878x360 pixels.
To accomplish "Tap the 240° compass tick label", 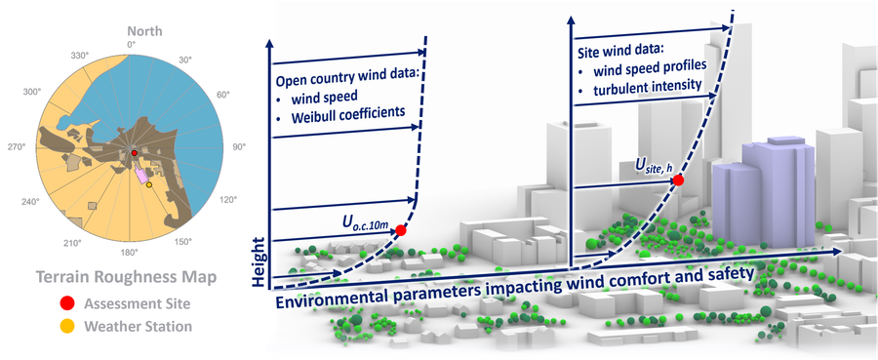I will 31,203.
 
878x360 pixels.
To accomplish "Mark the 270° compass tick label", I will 18,147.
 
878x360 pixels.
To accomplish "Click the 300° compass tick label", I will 32,93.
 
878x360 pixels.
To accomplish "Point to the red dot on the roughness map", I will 136,154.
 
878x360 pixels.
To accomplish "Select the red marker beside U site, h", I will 678,180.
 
